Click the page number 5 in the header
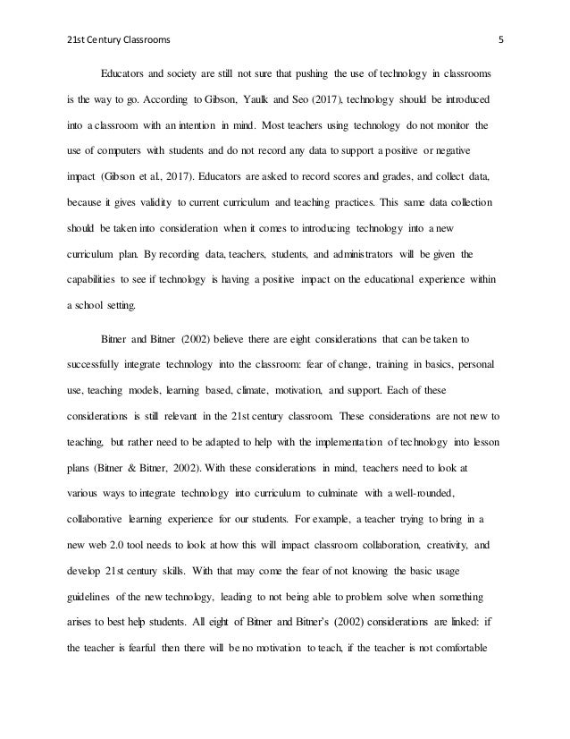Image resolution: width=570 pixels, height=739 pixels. pos(499,40)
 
